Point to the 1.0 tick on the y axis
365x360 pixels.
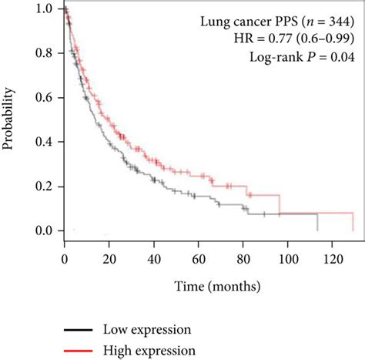click(45, 10)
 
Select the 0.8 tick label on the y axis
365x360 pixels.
click(45, 54)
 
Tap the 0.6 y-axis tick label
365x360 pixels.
click(45, 98)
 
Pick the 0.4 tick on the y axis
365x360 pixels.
click(45, 143)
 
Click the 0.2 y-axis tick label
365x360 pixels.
click(45, 187)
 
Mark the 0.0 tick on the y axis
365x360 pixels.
click(45, 230)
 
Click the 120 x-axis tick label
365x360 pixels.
click(331, 257)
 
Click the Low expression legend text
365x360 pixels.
click(146, 330)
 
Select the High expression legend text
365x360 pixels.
click(148, 351)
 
